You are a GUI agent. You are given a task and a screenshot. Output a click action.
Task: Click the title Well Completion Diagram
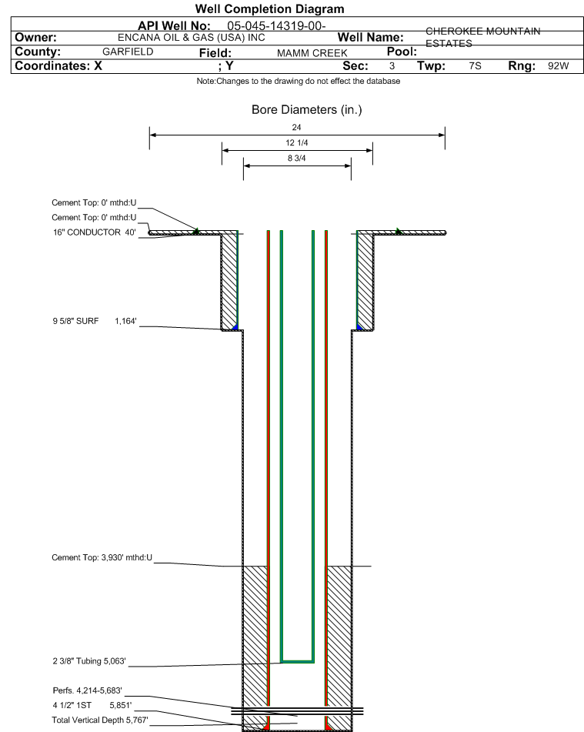[x=269, y=9]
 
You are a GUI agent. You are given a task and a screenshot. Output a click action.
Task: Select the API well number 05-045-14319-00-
[x=276, y=25]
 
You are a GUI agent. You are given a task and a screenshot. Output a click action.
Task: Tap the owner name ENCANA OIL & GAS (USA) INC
[x=192, y=38]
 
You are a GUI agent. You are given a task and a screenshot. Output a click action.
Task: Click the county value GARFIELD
[x=128, y=52]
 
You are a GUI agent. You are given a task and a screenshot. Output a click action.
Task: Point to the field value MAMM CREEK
[x=312, y=53]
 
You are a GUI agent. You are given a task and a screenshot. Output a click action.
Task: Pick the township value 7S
[x=476, y=66]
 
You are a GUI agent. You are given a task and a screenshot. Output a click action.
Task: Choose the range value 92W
[x=559, y=66]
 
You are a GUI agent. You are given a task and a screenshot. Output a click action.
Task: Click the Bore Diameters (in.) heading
[x=307, y=110]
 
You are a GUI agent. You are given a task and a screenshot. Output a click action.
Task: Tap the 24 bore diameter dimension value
[x=296, y=127]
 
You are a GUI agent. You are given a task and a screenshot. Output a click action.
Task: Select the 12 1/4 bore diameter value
[x=297, y=143]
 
